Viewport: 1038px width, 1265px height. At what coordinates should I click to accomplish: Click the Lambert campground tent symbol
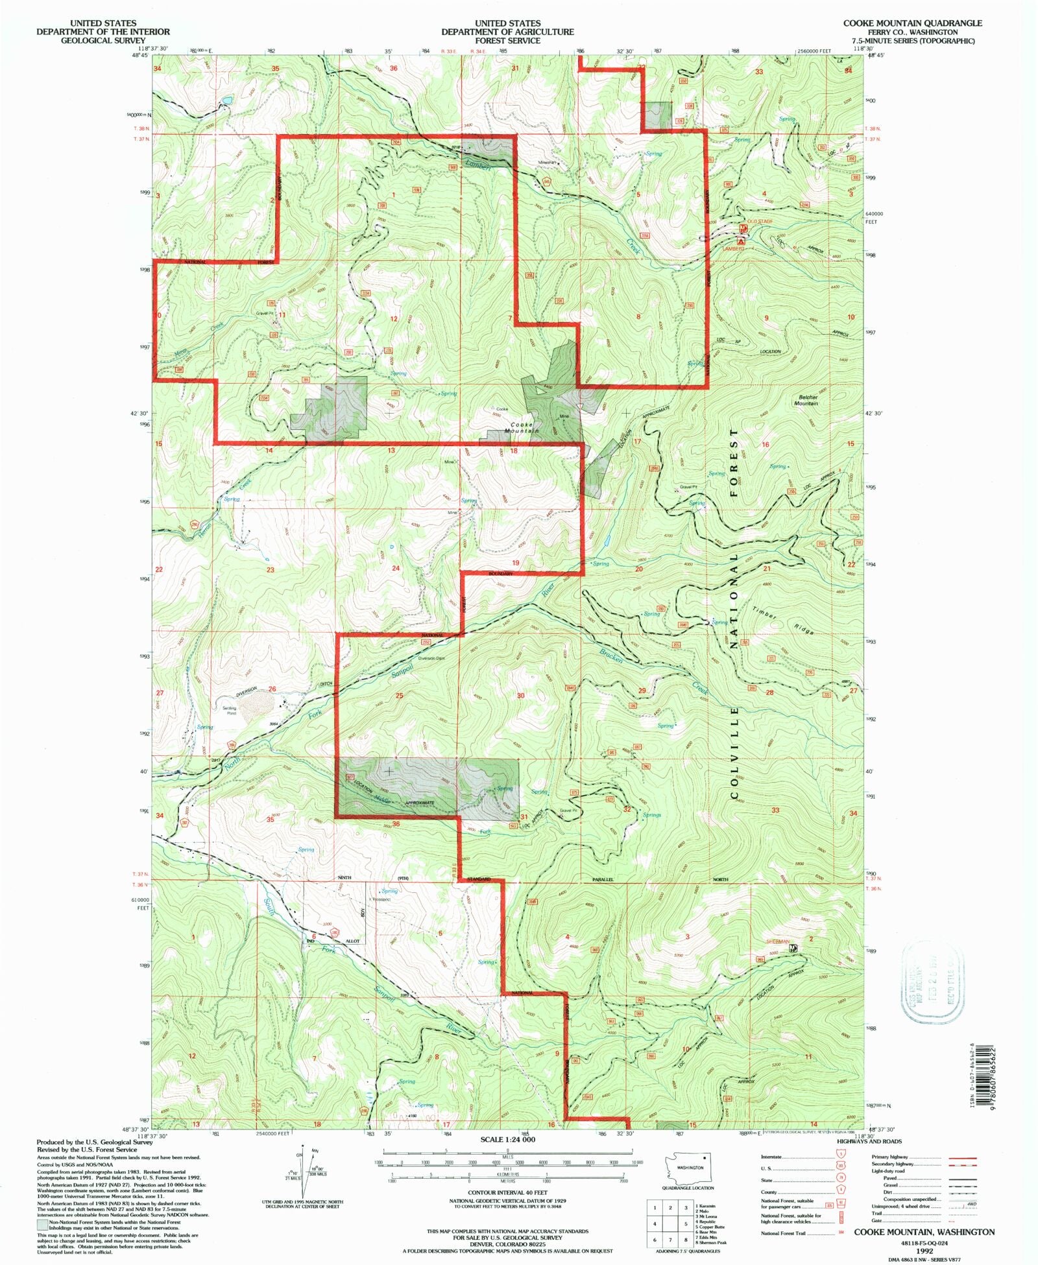tap(742, 240)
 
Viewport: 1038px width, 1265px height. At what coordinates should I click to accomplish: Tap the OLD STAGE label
tap(760, 222)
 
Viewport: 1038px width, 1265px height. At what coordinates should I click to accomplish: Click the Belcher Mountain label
tap(806, 400)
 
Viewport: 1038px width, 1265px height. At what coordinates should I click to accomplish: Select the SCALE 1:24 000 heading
tap(507, 1139)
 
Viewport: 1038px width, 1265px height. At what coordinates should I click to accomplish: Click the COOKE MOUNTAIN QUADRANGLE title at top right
tap(912, 23)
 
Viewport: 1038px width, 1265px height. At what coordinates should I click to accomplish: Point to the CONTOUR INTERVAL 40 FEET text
tap(507, 1192)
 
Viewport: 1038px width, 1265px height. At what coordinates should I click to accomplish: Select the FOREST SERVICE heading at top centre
tap(507, 40)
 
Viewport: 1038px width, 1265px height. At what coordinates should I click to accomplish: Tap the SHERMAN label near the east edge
tap(777, 941)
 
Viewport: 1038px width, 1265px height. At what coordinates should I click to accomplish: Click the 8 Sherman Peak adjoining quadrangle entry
tap(712, 1242)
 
